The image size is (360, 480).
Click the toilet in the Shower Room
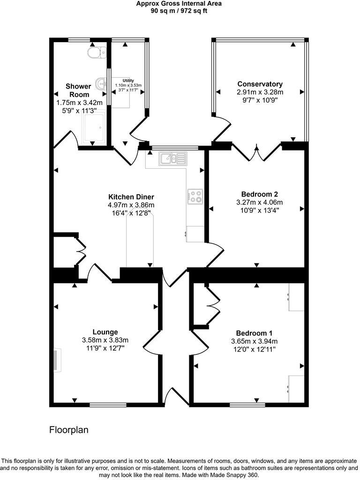pos(97,52)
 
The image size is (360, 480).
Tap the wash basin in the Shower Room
pos(101,83)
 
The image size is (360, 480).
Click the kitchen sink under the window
pos(173,158)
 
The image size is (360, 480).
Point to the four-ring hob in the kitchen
pos(195,196)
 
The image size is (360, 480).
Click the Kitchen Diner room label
pos(131,197)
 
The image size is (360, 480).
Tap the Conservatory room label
pos(260,84)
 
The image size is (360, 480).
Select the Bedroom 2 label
pos(259,194)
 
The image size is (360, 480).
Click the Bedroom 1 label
pos(254,333)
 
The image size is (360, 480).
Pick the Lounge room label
pos(105,332)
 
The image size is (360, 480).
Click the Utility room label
pos(128,81)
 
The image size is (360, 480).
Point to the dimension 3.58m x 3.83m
pos(105,340)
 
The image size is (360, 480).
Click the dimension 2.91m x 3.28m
pos(260,92)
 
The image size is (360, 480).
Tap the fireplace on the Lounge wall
pos(57,360)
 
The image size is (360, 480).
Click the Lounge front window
pos(108,405)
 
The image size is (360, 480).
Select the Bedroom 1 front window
pos(247,405)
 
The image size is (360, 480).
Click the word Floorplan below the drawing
pos(69,430)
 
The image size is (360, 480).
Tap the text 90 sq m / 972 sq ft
pos(179,11)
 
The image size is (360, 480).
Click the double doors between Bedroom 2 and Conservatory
pos(256,153)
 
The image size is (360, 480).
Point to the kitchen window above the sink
pos(175,148)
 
